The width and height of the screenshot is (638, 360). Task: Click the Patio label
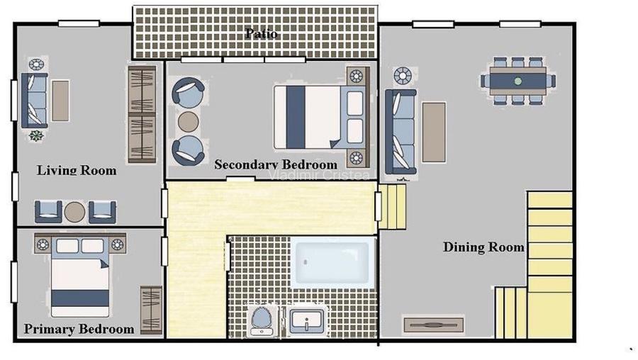[x=261, y=33]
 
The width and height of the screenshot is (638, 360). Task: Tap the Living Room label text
[x=77, y=170]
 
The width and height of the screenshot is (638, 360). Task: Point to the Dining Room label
[x=483, y=247]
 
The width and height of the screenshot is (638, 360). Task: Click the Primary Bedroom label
[x=79, y=329]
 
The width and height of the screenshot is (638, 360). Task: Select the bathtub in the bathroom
[x=332, y=263]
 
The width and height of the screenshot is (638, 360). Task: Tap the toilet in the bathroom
[x=261, y=320]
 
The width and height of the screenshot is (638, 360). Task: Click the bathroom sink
[x=307, y=320]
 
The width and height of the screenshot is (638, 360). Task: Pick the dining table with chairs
[x=518, y=81]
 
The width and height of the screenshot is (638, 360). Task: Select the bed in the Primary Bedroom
[x=80, y=279]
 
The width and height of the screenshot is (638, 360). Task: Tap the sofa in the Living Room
[x=34, y=99]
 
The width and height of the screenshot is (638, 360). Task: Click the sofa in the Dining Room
[x=400, y=131]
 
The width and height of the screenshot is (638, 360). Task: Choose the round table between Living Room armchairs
[x=74, y=211]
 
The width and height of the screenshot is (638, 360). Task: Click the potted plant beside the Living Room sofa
[x=36, y=135]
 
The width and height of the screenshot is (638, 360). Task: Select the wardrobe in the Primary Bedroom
[x=151, y=309]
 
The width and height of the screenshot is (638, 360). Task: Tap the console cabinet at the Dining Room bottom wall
[x=433, y=325]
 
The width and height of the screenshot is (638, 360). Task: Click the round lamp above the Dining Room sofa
[x=402, y=75]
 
